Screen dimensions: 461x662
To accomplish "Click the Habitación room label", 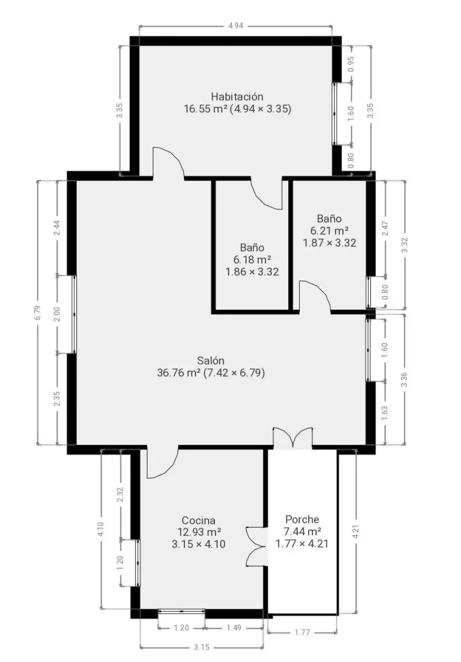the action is coord(237,97).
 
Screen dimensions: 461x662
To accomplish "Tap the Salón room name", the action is coord(210,361).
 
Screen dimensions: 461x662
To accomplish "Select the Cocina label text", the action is coord(198,520).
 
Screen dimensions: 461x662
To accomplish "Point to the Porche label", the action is coord(302,519).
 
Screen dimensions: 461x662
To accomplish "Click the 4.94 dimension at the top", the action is coord(236,26).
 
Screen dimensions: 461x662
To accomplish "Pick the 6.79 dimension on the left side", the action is coord(38,312).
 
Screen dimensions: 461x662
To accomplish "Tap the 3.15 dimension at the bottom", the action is coord(202,647).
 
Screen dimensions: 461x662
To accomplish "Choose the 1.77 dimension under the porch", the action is coord(302,632).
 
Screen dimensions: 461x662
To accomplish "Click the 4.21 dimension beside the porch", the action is coord(356,531).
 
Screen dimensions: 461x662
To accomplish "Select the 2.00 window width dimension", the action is coord(58,314).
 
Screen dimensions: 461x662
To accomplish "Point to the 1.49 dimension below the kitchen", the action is coord(234,628).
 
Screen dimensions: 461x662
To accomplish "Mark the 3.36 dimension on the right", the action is coord(404,379).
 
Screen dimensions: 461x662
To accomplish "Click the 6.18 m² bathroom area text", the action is coord(252,260).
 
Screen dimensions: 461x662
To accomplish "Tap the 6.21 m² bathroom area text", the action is coord(330,231).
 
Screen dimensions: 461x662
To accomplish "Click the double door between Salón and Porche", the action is coord(293,438).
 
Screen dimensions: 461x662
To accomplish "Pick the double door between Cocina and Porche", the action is coord(256,546).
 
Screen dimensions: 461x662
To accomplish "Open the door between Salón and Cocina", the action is coord(163,463).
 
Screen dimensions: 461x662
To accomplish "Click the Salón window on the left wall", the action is coord(74,315).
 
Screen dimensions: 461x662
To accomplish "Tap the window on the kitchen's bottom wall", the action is coord(181,611).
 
